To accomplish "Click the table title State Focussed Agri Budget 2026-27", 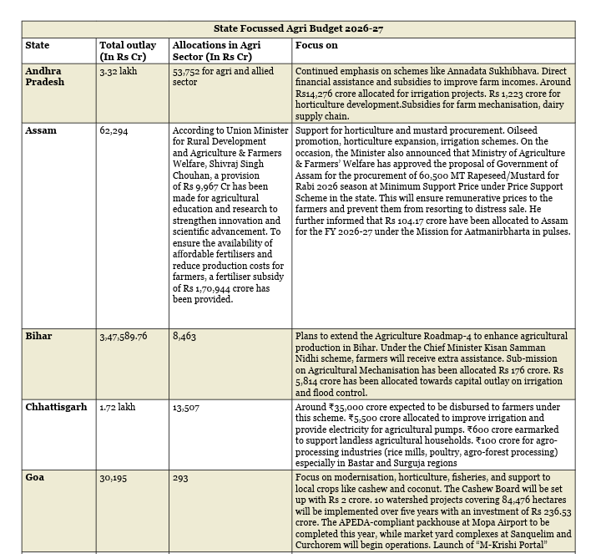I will point(298,29).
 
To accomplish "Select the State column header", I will point(38,45).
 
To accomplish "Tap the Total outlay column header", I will point(125,51).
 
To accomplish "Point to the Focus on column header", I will point(316,45).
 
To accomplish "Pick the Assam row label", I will point(41,131).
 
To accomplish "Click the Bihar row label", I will point(38,336).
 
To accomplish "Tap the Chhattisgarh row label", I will point(56,407).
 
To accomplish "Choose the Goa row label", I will point(35,477).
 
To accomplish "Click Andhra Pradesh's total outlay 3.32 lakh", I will point(119,72).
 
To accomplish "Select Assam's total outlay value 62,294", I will point(114,131).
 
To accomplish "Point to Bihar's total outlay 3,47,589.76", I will point(124,336).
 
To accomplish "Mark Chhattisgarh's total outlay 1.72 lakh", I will point(118,407).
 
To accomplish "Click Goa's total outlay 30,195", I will point(114,477).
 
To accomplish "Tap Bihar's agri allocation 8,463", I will point(184,336).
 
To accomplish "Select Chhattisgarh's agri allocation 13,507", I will point(187,407).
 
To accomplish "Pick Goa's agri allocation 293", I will point(181,477).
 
